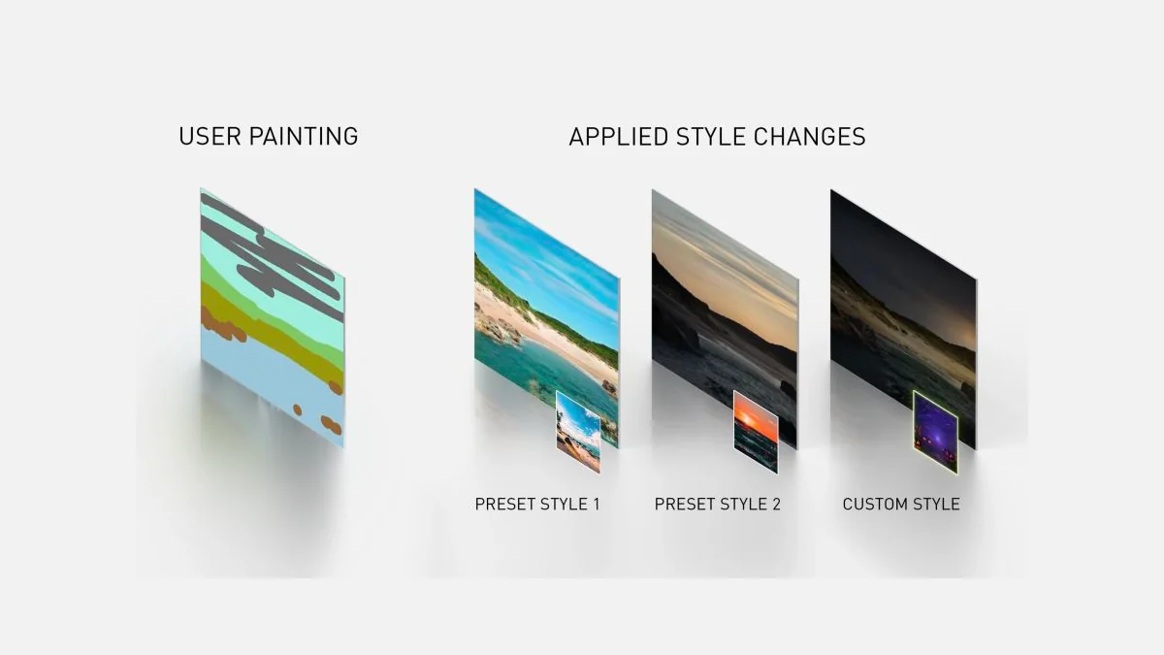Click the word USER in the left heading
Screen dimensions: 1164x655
point(210,136)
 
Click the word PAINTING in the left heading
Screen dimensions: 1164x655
point(304,136)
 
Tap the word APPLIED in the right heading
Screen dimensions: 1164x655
point(619,137)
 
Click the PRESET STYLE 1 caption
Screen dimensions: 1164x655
point(537,505)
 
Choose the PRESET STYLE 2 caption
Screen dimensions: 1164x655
point(717,505)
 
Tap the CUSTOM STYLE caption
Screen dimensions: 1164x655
point(901,505)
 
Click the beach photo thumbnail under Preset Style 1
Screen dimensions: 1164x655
point(578,432)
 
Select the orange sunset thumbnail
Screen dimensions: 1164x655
point(756,432)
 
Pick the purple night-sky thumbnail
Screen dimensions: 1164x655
point(935,432)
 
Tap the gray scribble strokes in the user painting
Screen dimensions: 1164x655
point(271,254)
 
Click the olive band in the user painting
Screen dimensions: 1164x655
point(271,333)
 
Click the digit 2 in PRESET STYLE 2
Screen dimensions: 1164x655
point(776,505)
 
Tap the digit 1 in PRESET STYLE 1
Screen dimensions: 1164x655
point(597,505)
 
